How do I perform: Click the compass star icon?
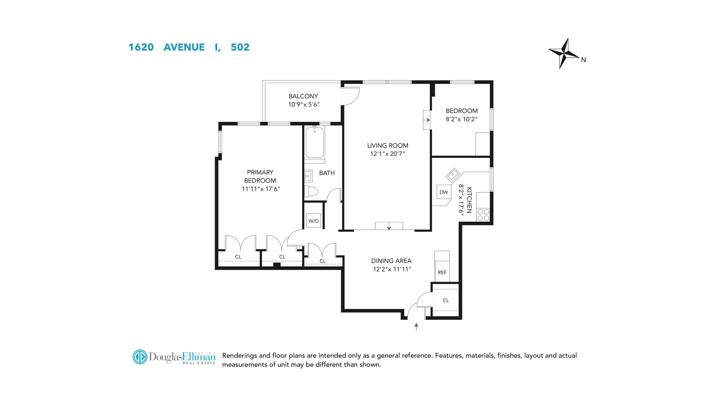(x=564, y=54)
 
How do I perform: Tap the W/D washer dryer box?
(x=314, y=221)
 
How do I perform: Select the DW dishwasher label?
(x=444, y=192)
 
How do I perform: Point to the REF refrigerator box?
(x=442, y=266)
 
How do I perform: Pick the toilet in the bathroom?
(x=311, y=191)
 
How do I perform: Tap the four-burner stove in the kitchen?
(x=483, y=215)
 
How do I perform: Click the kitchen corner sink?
(x=453, y=174)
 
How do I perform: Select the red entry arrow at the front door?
(x=416, y=326)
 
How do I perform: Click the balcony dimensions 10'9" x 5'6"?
(x=304, y=105)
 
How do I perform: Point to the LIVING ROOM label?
(x=388, y=146)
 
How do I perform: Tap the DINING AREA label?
(x=391, y=261)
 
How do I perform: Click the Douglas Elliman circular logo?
(x=140, y=357)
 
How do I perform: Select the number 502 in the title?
(x=240, y=47)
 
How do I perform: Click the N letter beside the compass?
(x=583, y=60)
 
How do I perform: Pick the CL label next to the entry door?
(x=446, y=300)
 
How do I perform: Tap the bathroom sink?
(x=308, y=176)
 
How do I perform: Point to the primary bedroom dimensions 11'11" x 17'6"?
(x=261, y=189)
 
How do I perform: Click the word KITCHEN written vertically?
(x=469, y=200)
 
